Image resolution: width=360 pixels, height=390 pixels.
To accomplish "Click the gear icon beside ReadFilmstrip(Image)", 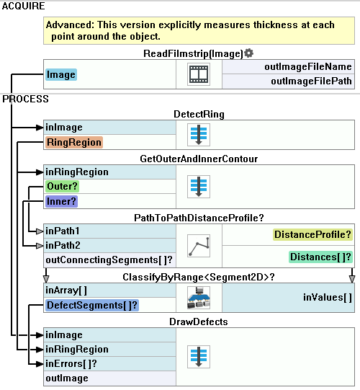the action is coord(248,53).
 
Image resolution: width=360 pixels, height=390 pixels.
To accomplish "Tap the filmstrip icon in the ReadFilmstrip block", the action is coord(199,74).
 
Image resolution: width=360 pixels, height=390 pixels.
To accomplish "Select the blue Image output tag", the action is coord(61,75).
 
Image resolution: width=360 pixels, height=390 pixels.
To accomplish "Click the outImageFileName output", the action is coord(308,66).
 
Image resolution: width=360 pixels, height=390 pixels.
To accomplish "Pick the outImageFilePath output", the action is coord(311,81).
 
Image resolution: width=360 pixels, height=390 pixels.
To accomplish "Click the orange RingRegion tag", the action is coord(74,142).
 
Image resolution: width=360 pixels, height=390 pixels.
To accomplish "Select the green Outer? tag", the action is coord(62,186).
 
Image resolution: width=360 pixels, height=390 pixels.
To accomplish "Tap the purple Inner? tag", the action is coord(61,201).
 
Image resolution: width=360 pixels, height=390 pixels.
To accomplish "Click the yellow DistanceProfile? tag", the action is coord(312,234).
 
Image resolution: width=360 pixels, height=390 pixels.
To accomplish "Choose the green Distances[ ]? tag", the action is coord(320,257).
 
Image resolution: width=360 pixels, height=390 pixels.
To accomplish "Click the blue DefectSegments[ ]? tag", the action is coord(92,305).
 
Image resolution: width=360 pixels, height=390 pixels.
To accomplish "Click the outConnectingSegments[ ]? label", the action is coord(109,260).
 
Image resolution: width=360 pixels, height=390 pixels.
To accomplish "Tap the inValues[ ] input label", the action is coord(328,298).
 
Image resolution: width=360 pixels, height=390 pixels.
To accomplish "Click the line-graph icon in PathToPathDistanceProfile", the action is coord(199,246).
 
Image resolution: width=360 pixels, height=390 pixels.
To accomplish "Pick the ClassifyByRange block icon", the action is coord(199,298).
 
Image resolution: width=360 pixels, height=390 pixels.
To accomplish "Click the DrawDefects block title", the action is coord(199,322).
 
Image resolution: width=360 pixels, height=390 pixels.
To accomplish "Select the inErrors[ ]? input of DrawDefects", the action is coord(71,364).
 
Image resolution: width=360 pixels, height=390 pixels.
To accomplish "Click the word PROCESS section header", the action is coord(25,99).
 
